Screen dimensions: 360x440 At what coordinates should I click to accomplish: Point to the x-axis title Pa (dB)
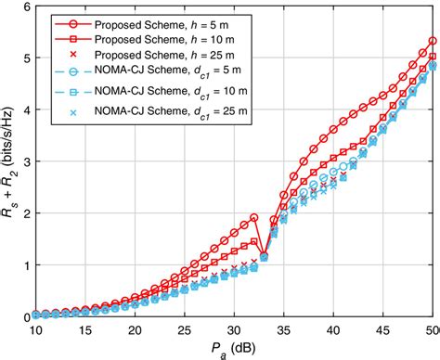coord(234,349)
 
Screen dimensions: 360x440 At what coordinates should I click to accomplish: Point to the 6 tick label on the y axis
coord(24,7)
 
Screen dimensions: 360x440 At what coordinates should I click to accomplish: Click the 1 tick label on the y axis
coord(24,265)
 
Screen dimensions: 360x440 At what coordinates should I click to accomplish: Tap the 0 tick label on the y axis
coord(24,316)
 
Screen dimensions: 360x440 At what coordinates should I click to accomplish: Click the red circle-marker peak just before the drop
coord(254,219)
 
